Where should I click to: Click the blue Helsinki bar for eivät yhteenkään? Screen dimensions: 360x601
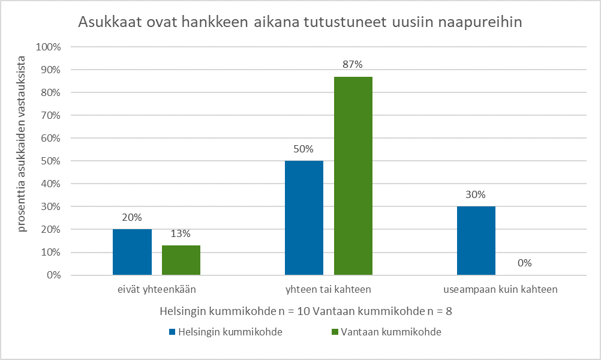(132, 252)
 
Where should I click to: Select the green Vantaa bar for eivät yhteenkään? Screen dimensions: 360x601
(181, 260)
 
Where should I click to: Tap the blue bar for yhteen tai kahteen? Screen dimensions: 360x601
(304, 218)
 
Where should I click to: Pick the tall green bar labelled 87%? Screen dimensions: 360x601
(353, 176)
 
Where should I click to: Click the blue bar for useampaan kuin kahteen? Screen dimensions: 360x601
(476, 241)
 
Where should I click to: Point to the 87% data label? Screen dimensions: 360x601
(353, 65)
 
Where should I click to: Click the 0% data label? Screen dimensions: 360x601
(525, 263)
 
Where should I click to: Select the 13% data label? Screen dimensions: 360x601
(181, 233)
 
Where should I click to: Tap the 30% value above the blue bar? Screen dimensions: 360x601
(476, 194)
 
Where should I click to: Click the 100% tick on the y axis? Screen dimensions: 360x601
(49, 47)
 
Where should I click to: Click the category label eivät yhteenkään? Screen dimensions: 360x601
(157, 289)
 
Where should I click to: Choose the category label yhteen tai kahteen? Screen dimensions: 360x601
(329, 289)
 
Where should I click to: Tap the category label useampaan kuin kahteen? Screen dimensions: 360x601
(501, 289)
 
